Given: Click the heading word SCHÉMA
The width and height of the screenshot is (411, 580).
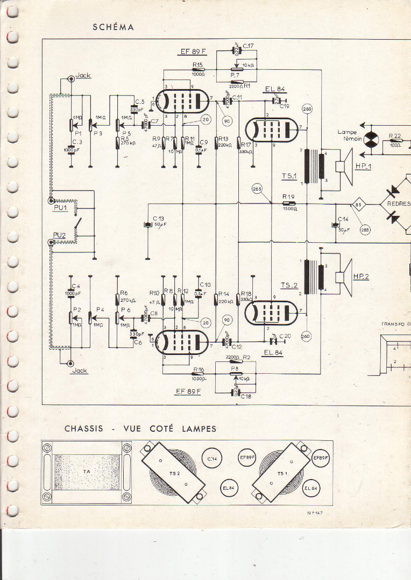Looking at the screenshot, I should click(x=113, y=27).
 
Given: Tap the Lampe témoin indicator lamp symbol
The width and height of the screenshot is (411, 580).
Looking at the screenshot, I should click(x=371, y=139).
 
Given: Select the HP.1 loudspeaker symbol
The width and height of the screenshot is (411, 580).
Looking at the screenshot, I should click(x=343, y=165).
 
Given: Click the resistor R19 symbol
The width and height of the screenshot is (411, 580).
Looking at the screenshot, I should click(x=289, y=204).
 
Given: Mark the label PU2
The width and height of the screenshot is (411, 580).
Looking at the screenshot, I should click(x=60, y=235).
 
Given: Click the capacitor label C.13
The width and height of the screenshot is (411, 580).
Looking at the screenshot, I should click(x=158, y=218).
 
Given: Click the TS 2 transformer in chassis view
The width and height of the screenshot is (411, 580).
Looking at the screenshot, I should click(x=173, y=473).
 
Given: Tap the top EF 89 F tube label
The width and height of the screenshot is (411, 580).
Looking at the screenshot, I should click(x=193, y=52).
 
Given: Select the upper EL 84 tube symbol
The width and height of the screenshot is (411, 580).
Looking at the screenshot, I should click(x=272, y=129).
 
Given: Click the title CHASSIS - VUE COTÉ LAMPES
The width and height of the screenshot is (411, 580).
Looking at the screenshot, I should click(x=140, y=429).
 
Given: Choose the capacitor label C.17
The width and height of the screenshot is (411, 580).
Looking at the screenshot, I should click(x=248, y=46).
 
